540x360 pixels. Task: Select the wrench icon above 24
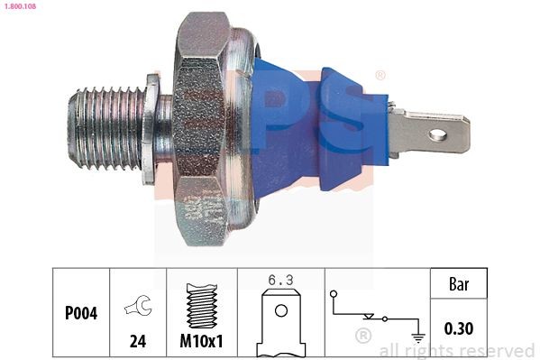[137, 307]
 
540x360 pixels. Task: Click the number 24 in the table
[137, 342]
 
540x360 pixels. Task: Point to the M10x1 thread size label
[202, 342]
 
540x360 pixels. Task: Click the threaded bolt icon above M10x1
[201, 304]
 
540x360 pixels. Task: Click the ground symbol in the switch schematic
[416, 337]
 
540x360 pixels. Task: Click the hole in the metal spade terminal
[437, 135]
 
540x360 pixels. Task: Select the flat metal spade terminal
[428, 134]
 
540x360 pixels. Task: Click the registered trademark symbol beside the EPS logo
[380, 75]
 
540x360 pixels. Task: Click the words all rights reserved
[456, 350]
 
